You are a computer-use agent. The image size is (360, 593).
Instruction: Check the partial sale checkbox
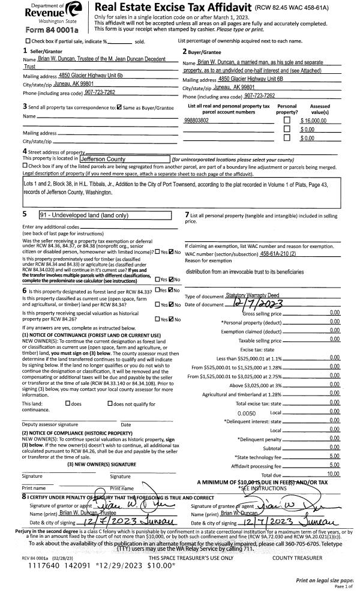(10, 41)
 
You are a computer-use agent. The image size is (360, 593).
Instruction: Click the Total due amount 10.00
(333, 474)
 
